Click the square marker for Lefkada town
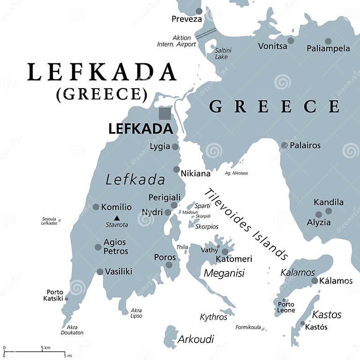click(165, 114)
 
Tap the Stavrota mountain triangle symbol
click(117, 217)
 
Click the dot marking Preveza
click(199, 11)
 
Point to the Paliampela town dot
click(328, 41)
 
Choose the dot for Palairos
click(284, 145)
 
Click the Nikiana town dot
click(176, 170)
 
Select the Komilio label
click(116, 207)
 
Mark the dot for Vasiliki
click(100, 271)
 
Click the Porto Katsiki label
click(54, 295)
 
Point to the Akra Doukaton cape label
click(72, 330)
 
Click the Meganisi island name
click(224, 273)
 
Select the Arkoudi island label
click(195, 339)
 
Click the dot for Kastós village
click(302, 323)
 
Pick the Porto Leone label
click(286, 307)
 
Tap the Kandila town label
click(329, 202)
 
